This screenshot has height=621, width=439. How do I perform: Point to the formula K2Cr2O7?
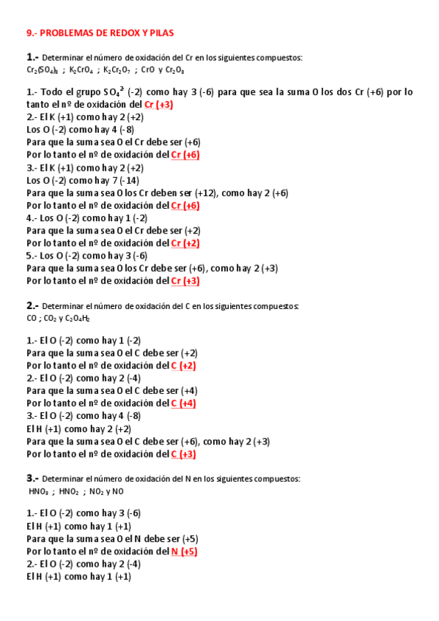(118, 70)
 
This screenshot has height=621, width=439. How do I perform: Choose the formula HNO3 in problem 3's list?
(38, 491)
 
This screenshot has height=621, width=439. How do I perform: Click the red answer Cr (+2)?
(185, 243)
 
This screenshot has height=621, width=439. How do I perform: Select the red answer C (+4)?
(183, 404)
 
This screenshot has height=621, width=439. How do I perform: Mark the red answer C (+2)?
(183, 365)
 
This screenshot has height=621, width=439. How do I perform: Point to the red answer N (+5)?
(184, 551)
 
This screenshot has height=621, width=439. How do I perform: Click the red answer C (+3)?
(183, 454)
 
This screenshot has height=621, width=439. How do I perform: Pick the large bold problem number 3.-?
(32, 477)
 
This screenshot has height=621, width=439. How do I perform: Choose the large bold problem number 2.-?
(32, 305)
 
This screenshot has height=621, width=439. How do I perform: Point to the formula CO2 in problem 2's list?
(50, 319)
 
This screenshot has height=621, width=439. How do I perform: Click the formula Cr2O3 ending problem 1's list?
(174, 70)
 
